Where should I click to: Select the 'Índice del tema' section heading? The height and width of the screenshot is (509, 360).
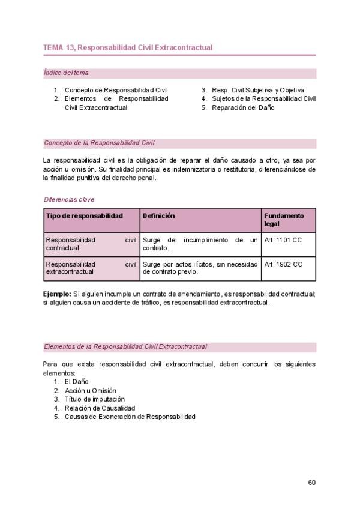click(x=66, y=73)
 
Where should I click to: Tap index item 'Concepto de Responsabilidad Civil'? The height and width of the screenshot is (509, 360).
click(x=116, y=90)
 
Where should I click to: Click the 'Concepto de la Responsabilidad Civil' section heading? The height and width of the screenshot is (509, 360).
click(x=99, y=143)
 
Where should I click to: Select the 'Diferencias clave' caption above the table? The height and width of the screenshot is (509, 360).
click(x=69, y=199)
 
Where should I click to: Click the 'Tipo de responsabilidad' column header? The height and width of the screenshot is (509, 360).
click(x=85, y=216)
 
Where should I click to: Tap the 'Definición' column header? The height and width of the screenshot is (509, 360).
click(x=158, y=216)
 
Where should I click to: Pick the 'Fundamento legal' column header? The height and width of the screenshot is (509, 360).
click(x=284, y=220)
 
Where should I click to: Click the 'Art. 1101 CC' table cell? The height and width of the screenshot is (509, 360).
click(x=283, y=240)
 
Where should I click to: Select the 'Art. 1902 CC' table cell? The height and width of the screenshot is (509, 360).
click(x=283, y=264)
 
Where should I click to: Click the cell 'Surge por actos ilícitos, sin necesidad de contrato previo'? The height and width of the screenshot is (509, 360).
click(x=200, y=268)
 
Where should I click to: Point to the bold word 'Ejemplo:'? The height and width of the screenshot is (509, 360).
click(x=57, y=294)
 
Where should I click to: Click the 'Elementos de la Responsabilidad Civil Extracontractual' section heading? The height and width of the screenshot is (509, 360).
click(x=125, y=346)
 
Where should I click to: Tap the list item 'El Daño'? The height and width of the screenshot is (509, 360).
click(x=77, y=381)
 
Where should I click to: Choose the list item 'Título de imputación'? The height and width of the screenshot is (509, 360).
click(x=95, y=399)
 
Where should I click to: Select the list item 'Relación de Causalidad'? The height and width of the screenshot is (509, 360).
click(x=100, y=408)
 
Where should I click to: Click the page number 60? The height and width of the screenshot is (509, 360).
click(x=311, y=482)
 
